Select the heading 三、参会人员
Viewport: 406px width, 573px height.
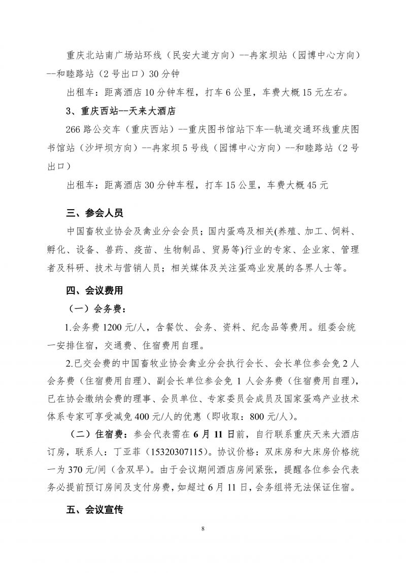[94, 213]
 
